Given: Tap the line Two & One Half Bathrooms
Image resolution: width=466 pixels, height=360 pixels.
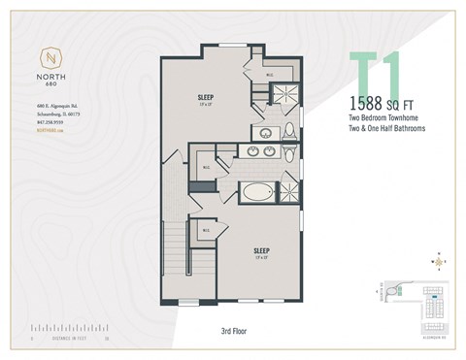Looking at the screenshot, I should [x=387, y=128].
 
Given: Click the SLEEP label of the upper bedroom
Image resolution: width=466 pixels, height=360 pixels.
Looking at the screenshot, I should [x=206, y=98].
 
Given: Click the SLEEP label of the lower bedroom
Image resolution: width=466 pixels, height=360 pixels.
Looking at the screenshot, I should [x=259, y=248].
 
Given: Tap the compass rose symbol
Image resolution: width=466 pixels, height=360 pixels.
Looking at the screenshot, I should [x=441, y=260].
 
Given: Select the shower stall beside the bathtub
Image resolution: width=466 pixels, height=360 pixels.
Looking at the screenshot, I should [x=290, y=189].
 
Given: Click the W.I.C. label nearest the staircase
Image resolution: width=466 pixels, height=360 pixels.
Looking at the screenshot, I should [x=207, y=230].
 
